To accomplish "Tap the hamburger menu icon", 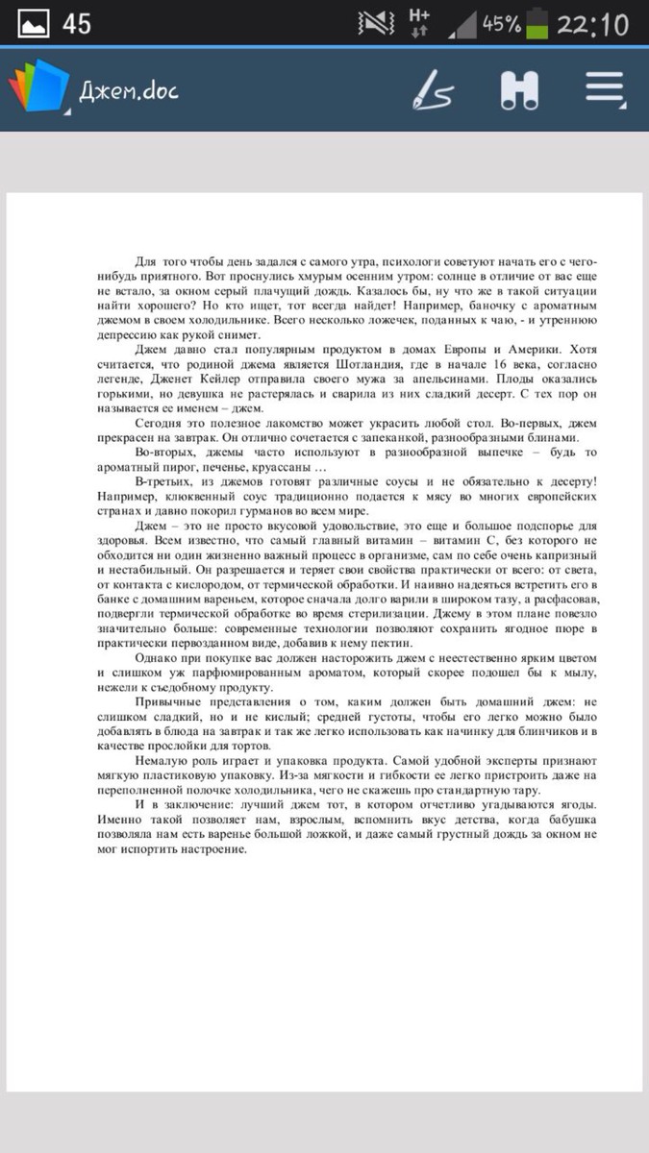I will click(x=605, y=90).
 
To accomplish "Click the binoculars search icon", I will click(x=519, y=90).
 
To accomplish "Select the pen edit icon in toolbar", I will click(x=433, y=91).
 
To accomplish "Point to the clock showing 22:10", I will click(x=592, y=24).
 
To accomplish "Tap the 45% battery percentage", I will click(x=501, y=24).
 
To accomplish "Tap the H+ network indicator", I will click(x=419, y=23).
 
